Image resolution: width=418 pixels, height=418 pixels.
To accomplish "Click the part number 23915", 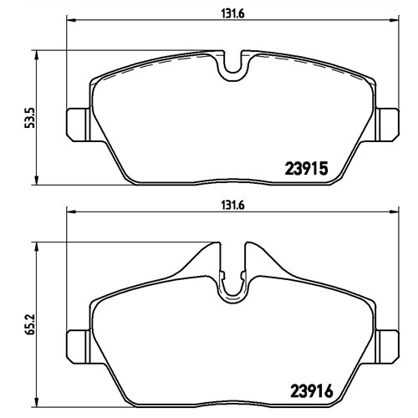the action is click(x=305, y=169).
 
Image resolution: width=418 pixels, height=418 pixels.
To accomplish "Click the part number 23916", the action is click(x=312, y=391).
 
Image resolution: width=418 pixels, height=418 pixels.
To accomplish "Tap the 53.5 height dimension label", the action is click(x=29, y=118).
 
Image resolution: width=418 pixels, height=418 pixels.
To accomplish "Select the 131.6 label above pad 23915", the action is click(x=232, y=14).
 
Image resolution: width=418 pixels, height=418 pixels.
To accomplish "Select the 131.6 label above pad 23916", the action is click(x=232, y=206).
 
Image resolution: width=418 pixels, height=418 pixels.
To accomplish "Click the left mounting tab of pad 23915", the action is click(x=78, y=125).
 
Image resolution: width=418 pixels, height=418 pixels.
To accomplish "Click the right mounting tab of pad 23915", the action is click(x=387, y=125).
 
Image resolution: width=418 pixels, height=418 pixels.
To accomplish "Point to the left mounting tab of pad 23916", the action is click(x=78, y=346).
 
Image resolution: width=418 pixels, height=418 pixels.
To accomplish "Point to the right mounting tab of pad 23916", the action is click(x=387, y=346).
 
